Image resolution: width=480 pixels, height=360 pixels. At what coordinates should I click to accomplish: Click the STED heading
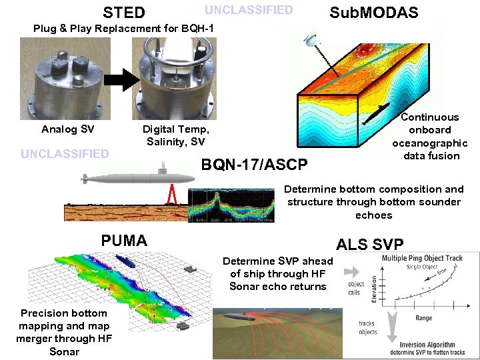pos(123,13)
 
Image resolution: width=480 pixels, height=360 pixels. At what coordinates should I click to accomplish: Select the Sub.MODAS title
pos(374,13)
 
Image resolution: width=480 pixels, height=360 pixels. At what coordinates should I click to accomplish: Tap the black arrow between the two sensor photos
pos(120,79)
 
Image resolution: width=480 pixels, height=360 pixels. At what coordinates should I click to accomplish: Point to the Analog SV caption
pos(67,129)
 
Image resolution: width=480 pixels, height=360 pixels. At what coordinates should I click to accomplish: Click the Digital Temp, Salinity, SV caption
pos(176,135)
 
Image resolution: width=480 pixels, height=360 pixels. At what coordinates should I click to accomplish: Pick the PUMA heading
pos(124,241)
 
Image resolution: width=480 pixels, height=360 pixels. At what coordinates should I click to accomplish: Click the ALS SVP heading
pos(370,244)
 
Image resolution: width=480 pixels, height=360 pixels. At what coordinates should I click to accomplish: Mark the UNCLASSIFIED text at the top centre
pos(248,10)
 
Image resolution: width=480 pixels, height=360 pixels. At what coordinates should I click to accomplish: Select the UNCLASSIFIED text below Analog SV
pos(65,154)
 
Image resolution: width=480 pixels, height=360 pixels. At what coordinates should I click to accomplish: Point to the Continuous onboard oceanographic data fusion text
pos(429,137)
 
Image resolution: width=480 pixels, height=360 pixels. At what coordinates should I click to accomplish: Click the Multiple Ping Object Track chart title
pos(422,258)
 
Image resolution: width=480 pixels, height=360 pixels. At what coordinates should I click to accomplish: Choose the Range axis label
pos(423,318)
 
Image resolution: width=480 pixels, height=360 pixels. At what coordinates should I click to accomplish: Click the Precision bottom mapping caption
pos(64,332)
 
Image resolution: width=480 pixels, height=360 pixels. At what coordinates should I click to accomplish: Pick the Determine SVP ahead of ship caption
pos(277,273)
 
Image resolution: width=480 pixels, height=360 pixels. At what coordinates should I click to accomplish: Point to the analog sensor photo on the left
pos(61,79)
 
